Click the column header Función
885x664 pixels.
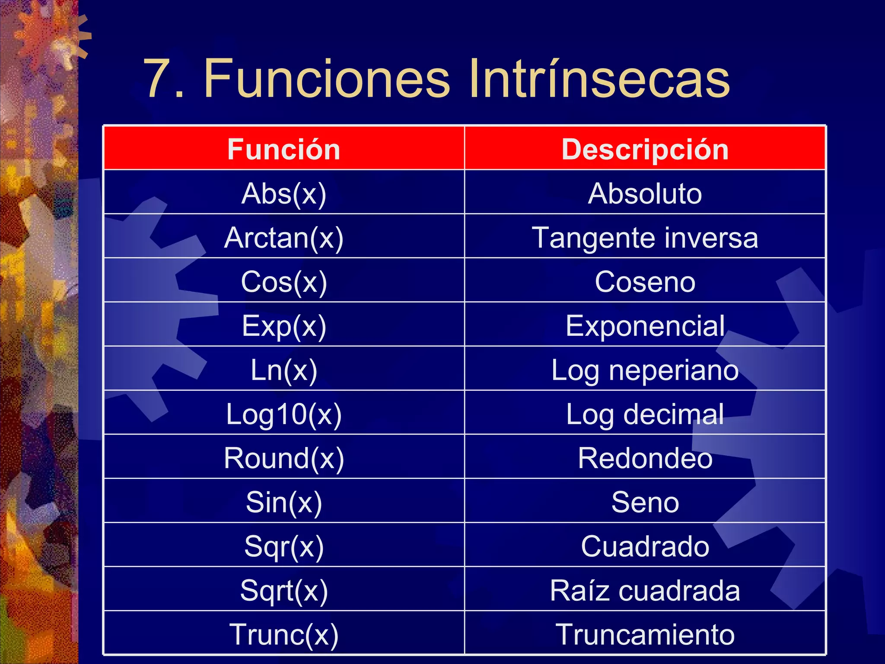[x=284, y=150]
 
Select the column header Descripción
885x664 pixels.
[x=645, y=150]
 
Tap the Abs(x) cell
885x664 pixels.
[x=284, y=193]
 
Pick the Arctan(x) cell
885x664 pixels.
[x=284, y=238]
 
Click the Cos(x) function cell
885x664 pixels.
[x=284, y=282]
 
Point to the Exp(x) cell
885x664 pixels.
[x=284, y=326]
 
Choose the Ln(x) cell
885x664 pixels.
[x=284, y=370]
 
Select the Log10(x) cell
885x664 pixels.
[x=284, y=414]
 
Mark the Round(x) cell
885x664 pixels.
[x=284, y=458]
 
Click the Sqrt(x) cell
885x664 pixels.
[x=284, y=591]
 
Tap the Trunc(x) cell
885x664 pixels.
[x=284, y=635]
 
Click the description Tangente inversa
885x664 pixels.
[x=645, y=238]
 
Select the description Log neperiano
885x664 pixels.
[x=645, y=370]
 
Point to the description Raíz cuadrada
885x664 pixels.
[x=645, y=591]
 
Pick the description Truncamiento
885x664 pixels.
[x=645, y=635]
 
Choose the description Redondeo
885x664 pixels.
[x=645, y=458]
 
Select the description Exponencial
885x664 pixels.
[x=645, y=326]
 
